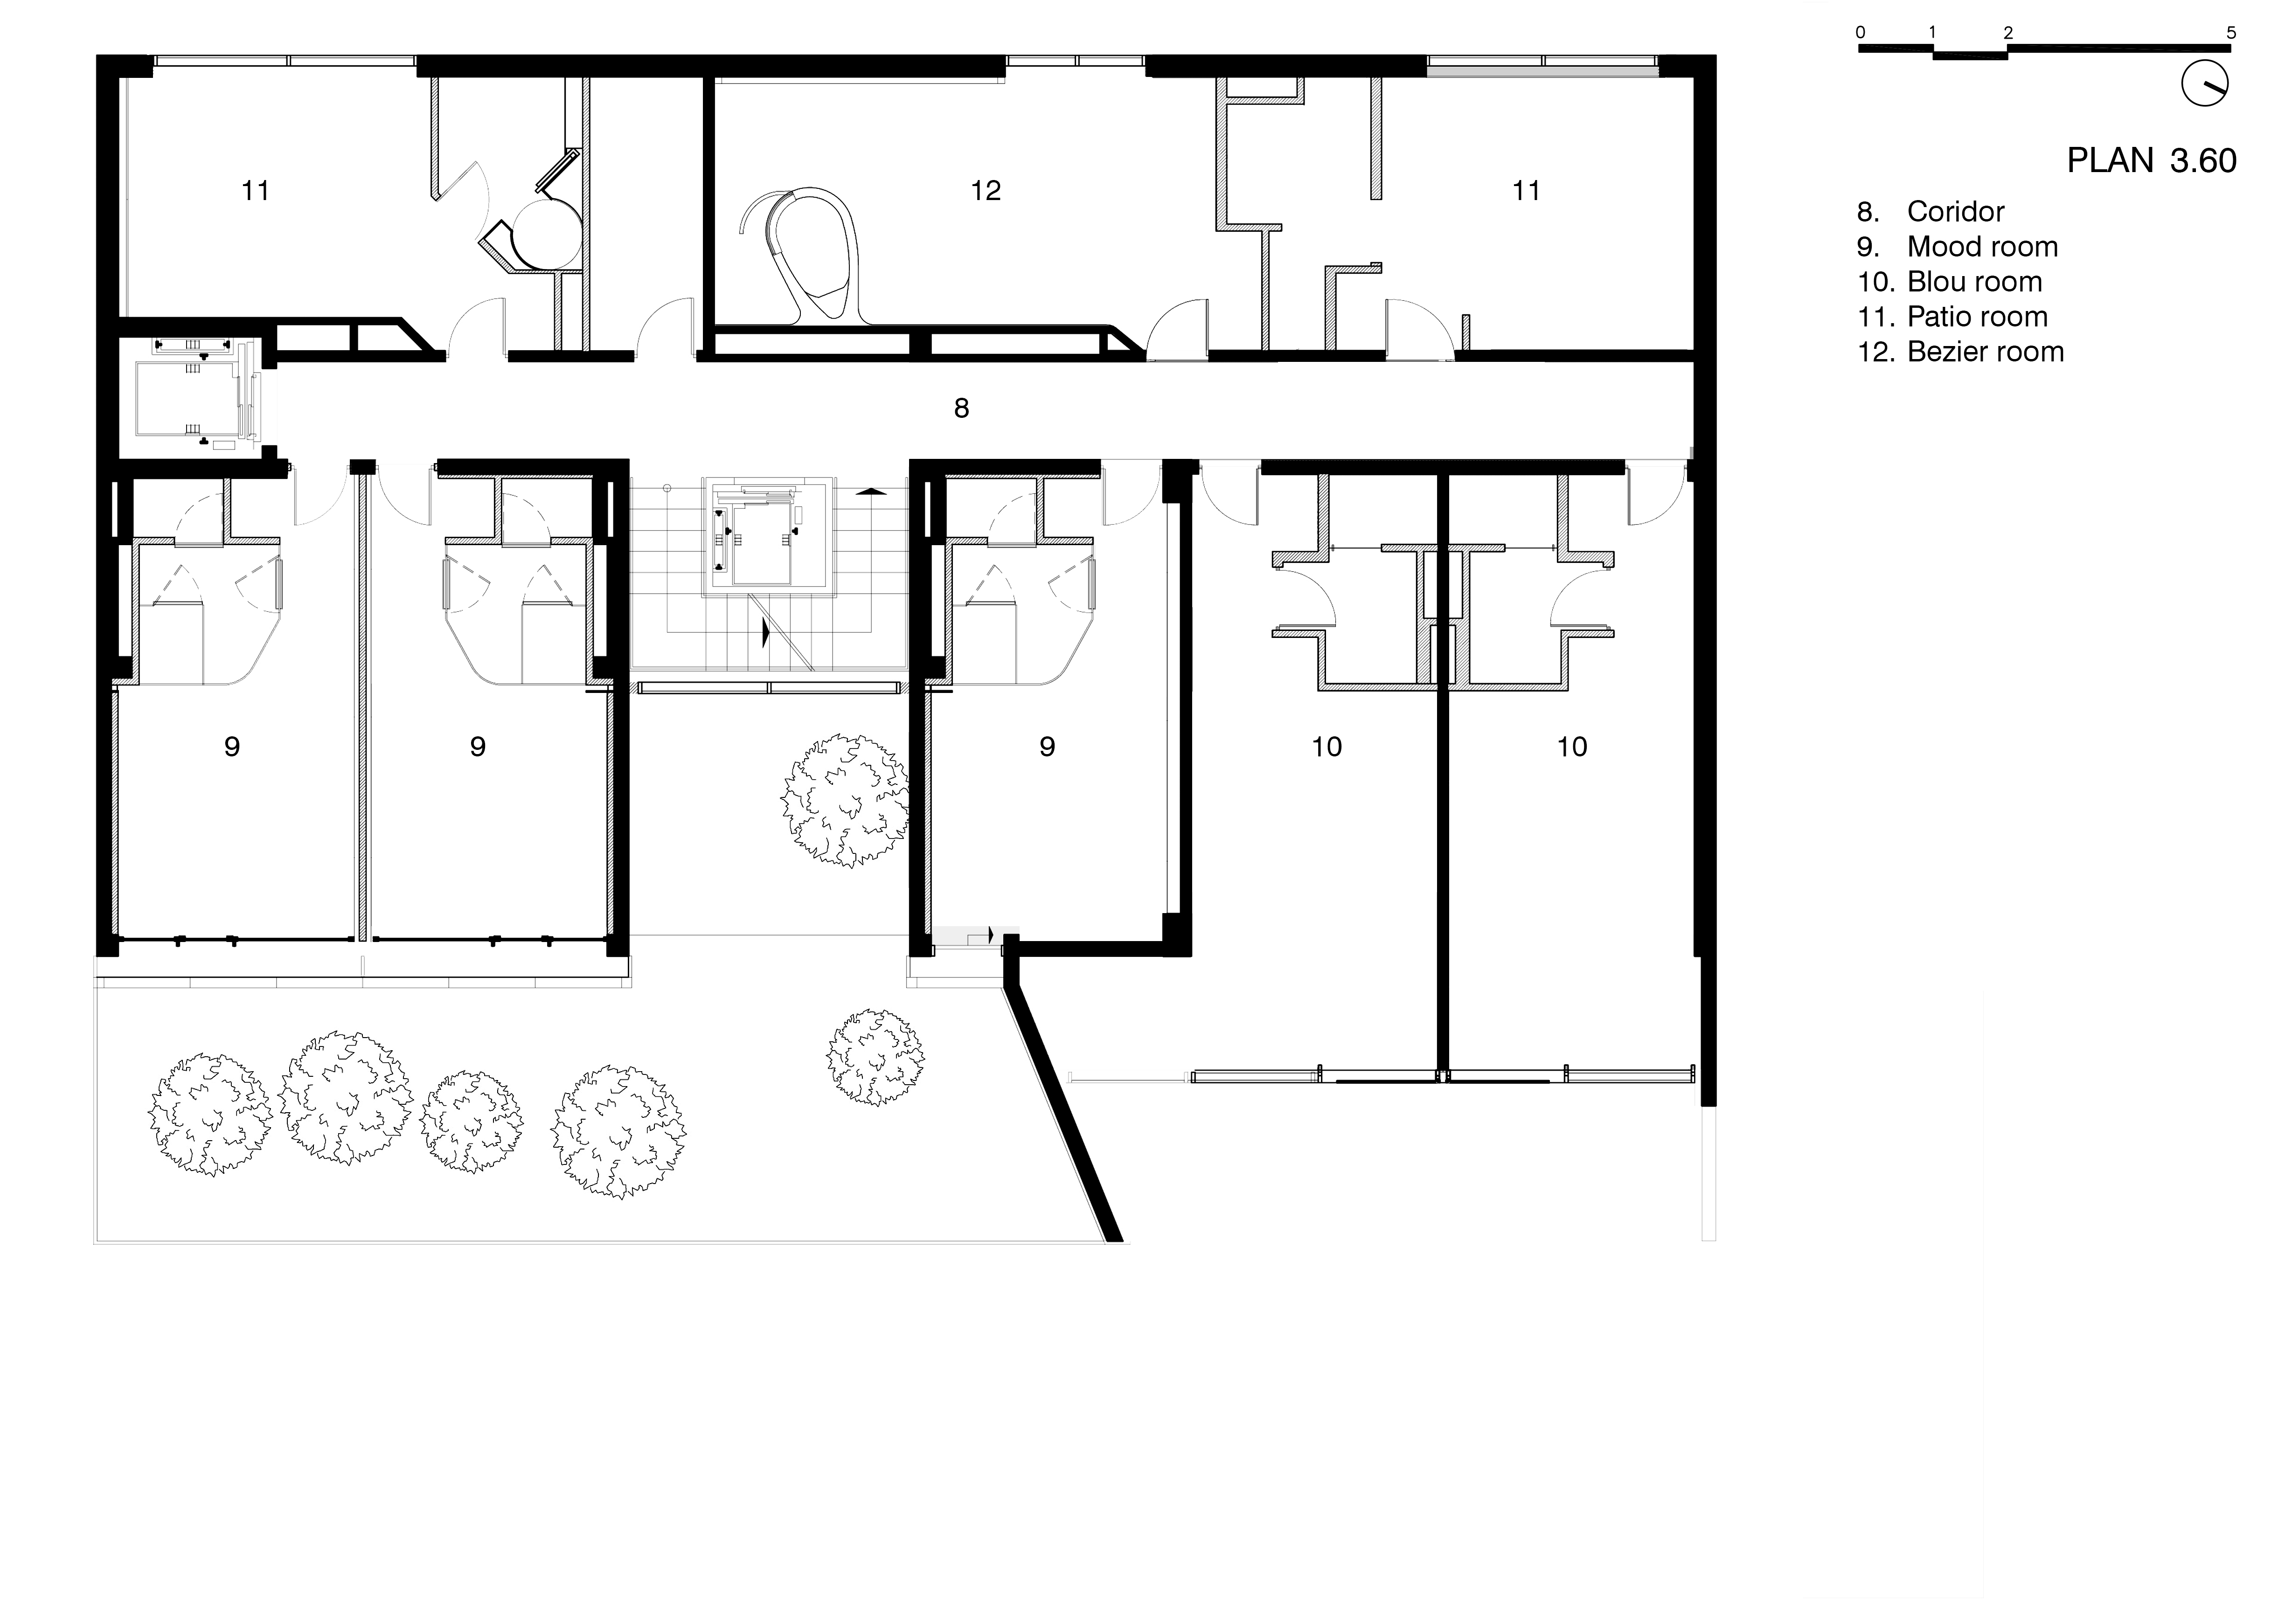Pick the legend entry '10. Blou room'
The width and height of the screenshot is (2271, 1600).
click(1950, 282)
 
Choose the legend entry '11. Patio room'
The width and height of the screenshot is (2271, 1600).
click(1952, 317)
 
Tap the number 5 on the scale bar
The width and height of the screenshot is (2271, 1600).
click(2230, 33)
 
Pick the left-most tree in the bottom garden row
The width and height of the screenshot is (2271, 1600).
click(210, 1115)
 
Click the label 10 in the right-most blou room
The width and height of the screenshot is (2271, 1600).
click(1572, 747)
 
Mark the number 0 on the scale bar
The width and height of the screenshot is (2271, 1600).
click(1861, 33)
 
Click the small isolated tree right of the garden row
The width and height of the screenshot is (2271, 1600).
click(875, 1057)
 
